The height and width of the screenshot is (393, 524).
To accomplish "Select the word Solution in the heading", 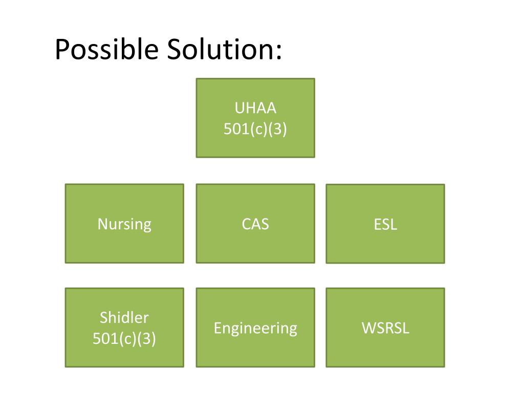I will (220, 50).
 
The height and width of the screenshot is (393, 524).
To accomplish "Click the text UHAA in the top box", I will (255, 108).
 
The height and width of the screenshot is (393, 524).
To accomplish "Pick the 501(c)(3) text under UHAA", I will (255, 129).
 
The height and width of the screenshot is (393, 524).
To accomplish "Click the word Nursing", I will (124, 224).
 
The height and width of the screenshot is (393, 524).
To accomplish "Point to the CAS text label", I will (255, 224).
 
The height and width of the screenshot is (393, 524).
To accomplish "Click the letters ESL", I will (385, 224).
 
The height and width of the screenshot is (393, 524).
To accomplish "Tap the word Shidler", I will (124, 317).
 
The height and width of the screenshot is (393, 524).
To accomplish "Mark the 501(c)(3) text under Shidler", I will (124, 338).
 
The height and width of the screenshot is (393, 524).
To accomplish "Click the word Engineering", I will (255, 328).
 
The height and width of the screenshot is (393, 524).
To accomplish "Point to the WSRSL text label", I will (385, 328).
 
